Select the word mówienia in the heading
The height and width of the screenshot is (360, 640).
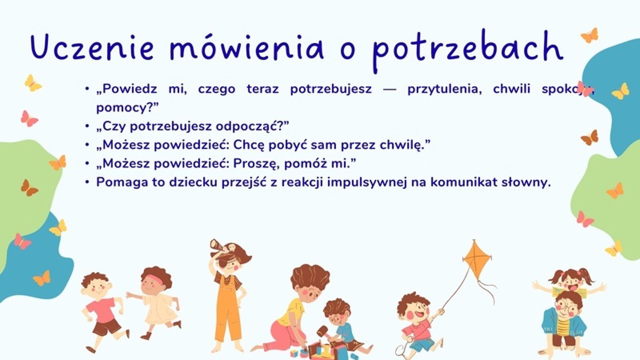(246, 48)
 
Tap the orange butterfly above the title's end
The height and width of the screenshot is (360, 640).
(590, 36)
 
